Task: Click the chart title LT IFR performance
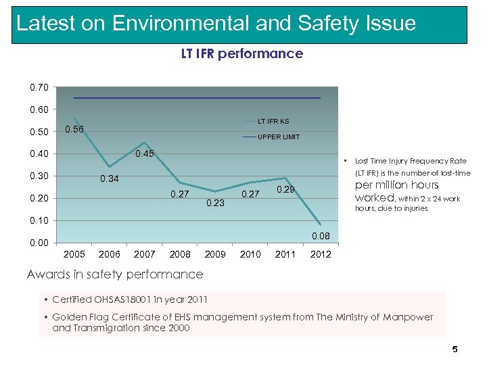241,53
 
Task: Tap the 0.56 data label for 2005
74,130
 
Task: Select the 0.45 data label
145,154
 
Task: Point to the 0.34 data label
109,179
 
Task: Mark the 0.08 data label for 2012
321,236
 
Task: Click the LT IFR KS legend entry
274,122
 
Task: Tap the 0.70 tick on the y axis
39,87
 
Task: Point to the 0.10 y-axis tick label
39,220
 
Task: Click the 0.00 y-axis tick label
39,243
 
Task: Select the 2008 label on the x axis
180,255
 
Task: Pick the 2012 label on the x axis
321,255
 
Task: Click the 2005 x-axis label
74,255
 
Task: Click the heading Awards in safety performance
115,274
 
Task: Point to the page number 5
455,349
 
